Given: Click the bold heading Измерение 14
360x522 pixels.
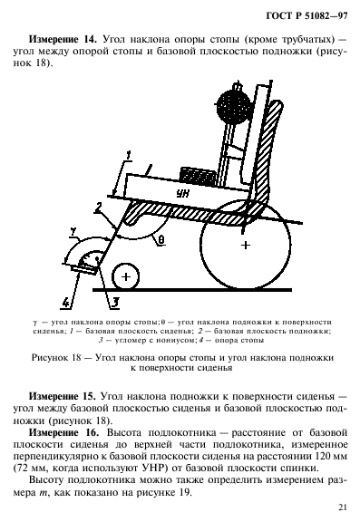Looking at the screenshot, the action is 63,41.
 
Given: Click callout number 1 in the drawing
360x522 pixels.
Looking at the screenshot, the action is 130,153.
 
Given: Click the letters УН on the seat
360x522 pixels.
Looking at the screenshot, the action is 185,194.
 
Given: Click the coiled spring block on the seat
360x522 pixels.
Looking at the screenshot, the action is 200,171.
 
